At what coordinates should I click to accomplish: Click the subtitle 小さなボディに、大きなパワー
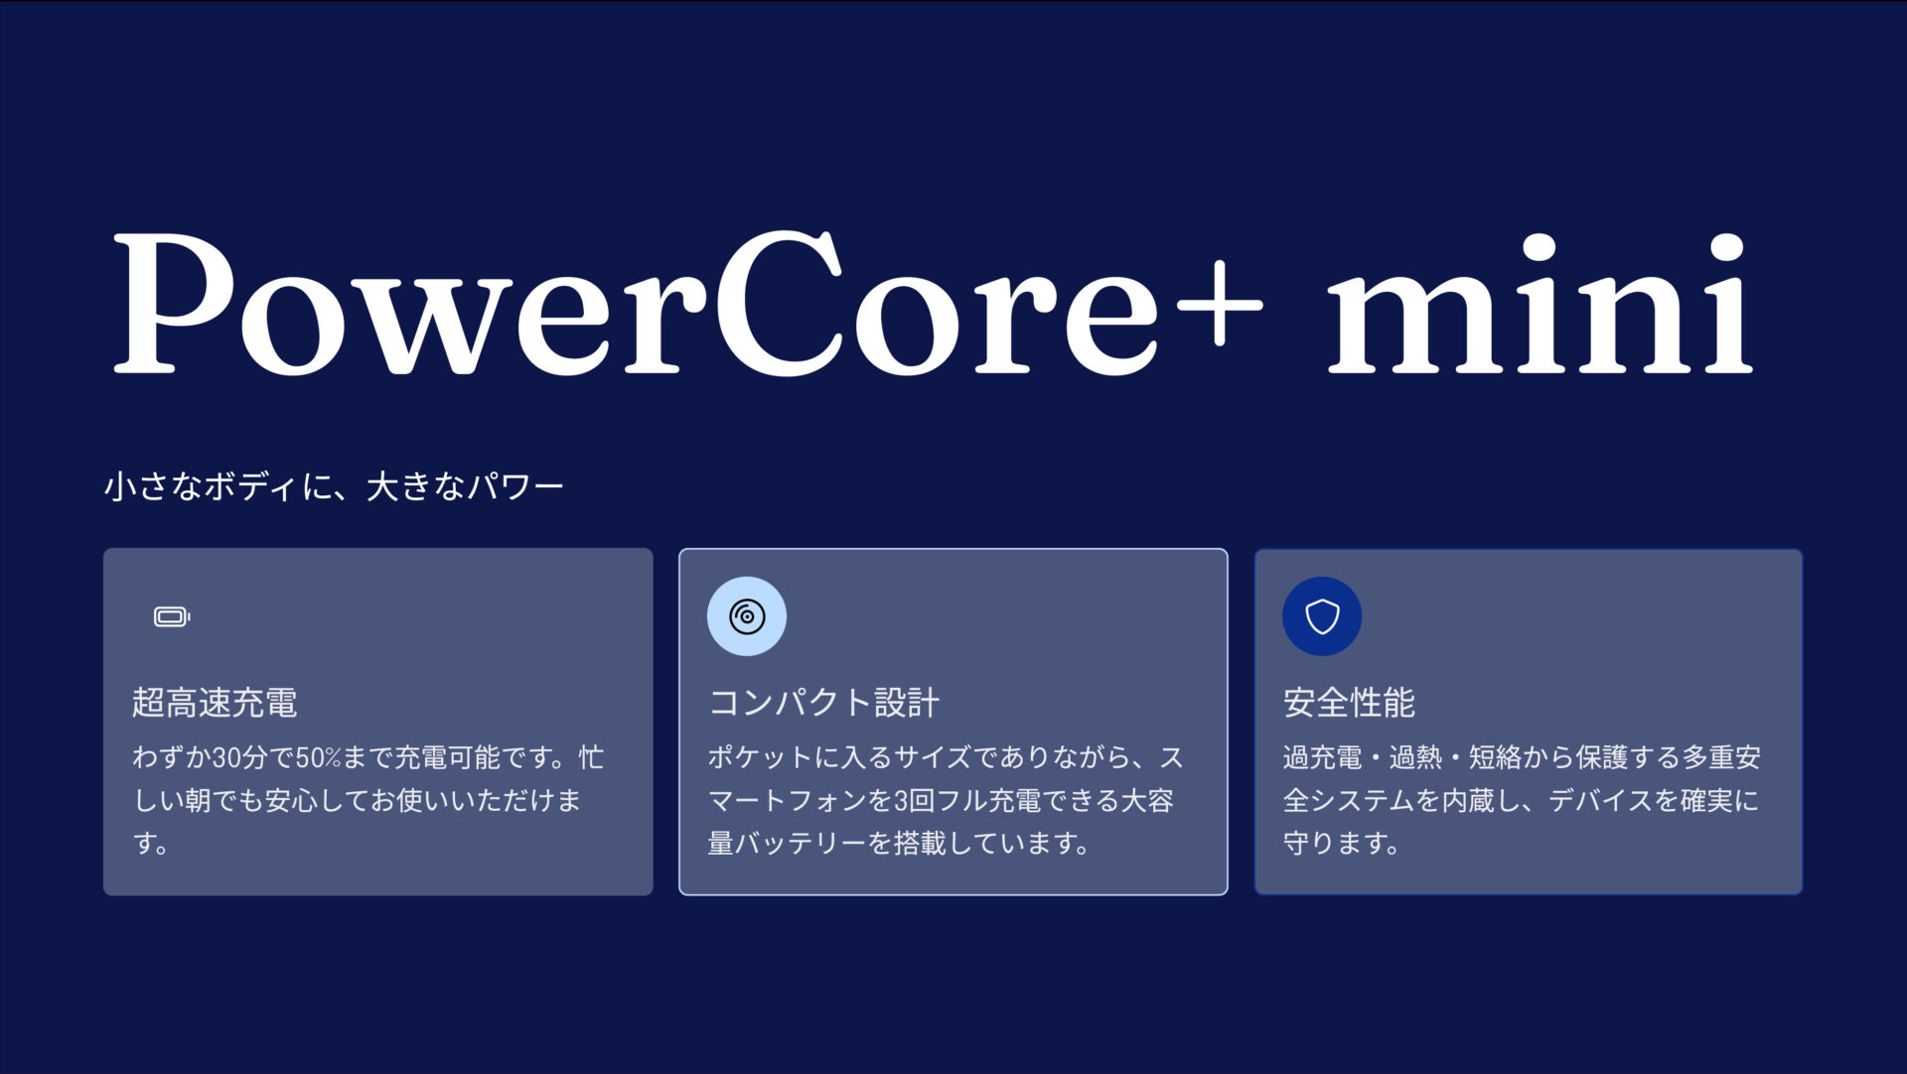tap(334, 486)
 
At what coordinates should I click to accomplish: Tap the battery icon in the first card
tap(172, 617)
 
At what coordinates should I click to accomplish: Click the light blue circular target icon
tap(747, 616)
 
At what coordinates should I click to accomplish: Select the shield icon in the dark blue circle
tap(1322, 616)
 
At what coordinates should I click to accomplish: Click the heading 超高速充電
tap(215, 703)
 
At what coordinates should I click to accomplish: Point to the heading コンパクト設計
tap(823, 703)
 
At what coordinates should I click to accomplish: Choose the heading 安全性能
tap(1349, 703)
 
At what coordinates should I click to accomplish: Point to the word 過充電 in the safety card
tap(1322, 758)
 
